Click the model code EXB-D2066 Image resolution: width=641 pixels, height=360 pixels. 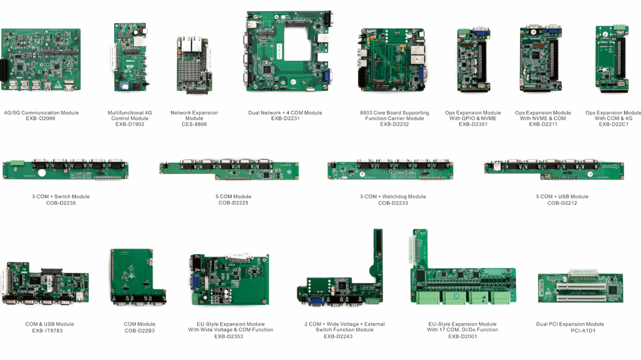pos(41,118)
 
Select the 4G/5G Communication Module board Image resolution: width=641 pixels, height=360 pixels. pos(41,59)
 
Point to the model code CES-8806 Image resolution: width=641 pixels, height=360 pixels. pos(194,124)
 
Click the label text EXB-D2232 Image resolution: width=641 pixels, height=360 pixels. pos(394,124)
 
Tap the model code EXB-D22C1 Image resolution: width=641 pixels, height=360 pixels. pos(613,124)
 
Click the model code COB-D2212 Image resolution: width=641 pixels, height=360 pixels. pos(562,202)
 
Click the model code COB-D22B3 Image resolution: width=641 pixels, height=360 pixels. pos(140,330)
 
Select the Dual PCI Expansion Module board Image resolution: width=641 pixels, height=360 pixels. pos(582,287)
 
